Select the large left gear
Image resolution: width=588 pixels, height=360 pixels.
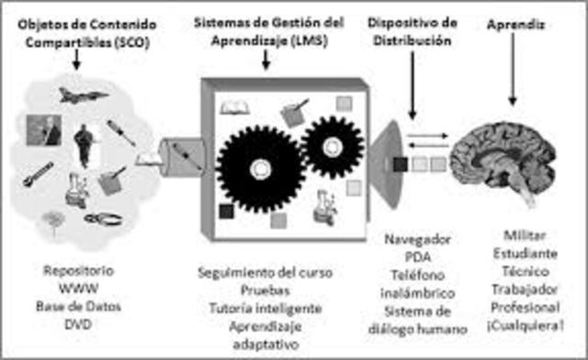[256, 167]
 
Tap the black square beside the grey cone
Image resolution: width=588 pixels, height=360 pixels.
[401, 166]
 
